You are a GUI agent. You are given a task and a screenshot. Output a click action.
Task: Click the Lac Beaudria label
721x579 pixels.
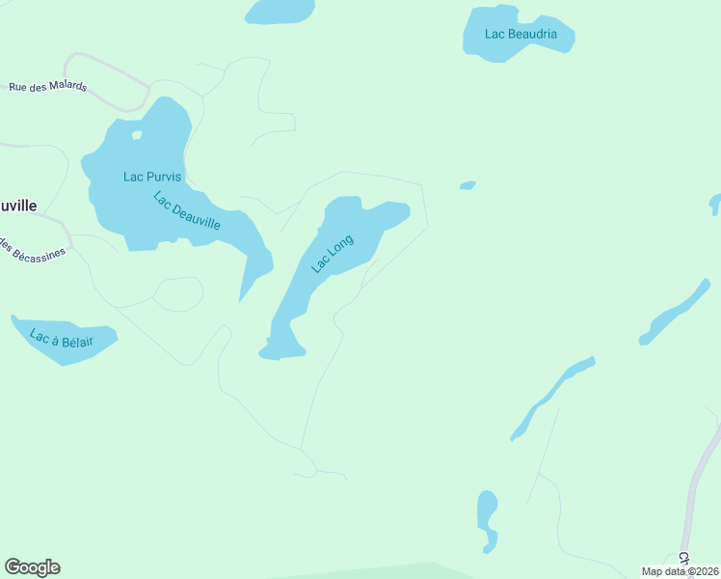tap(521, 34)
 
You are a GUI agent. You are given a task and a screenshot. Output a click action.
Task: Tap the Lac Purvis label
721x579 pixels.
tap(152, 177)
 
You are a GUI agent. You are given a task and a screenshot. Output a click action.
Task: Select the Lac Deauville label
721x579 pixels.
tap(187, 211)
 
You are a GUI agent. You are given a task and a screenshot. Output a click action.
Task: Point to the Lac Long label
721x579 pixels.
tap(333, 254)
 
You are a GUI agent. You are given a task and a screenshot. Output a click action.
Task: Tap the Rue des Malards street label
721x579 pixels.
tap(48, 86)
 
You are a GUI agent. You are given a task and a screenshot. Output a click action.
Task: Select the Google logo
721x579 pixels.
tap(32, 567)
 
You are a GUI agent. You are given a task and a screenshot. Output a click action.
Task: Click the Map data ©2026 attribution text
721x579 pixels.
tap(680, 571)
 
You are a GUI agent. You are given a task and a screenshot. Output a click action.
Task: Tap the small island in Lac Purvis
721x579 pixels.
tap(137, 135)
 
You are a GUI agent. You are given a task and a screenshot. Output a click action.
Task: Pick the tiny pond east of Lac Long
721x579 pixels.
tap(467, 185)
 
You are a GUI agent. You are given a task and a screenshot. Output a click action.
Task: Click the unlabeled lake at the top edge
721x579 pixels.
tap(280, 11)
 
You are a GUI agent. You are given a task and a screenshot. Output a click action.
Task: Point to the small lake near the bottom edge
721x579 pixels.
tap(487, 516)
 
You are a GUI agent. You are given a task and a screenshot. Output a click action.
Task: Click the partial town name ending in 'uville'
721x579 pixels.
tap(18, 206)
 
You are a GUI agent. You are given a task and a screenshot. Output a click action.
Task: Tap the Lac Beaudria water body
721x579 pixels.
tap(540, 48)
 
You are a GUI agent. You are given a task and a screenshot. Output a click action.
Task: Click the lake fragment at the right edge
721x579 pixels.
tap(715, 204)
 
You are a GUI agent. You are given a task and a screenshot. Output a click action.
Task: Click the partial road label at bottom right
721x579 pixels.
tap(684, 559)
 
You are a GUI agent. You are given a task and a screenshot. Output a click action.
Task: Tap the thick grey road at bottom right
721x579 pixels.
tap(694, 492)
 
